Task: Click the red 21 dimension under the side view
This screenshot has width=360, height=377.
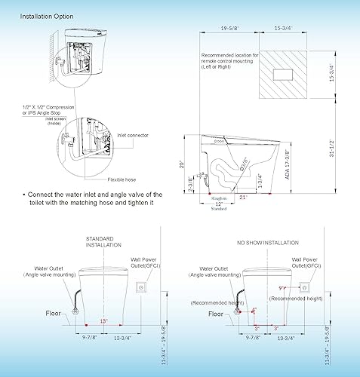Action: point(244,196)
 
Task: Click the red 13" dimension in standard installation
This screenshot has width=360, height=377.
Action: point(103,321)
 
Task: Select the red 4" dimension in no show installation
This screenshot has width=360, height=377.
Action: point(254,310)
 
